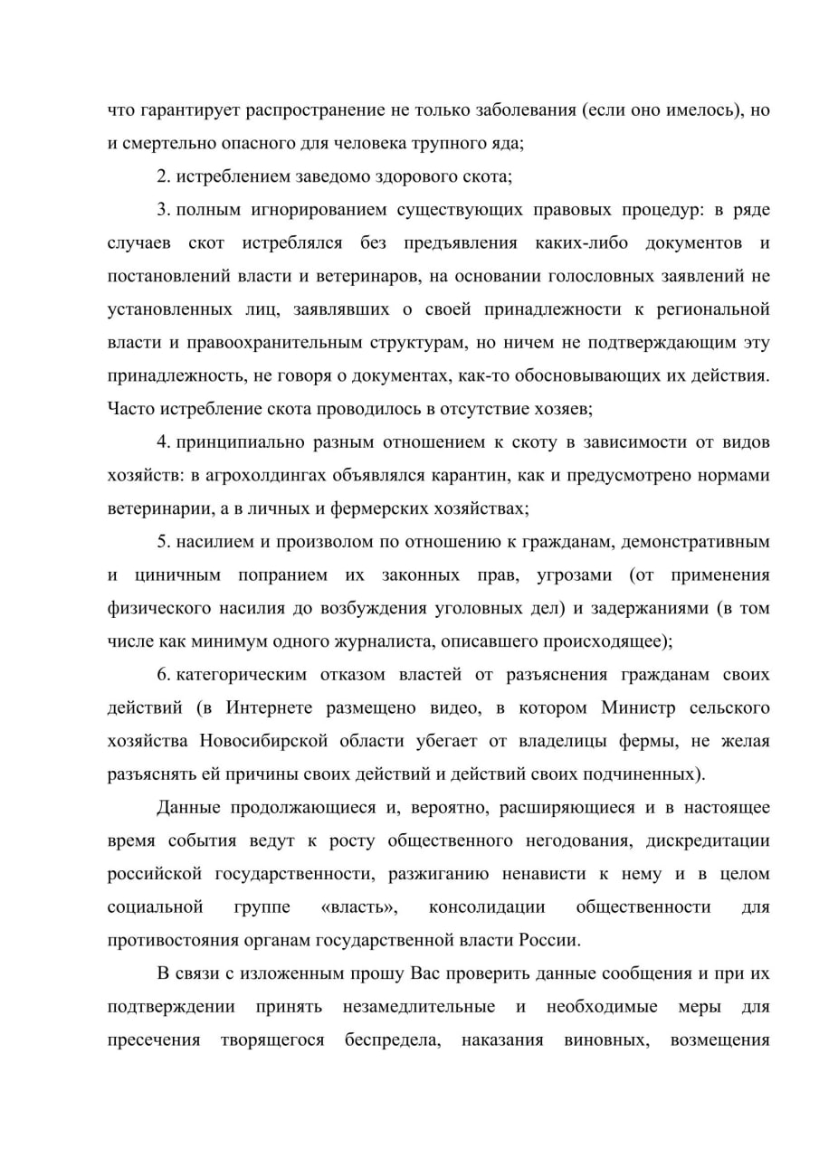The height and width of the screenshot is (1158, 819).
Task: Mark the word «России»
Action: (x=548, y=939)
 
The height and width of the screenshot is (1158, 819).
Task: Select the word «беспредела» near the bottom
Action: (x=392, y=1039)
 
